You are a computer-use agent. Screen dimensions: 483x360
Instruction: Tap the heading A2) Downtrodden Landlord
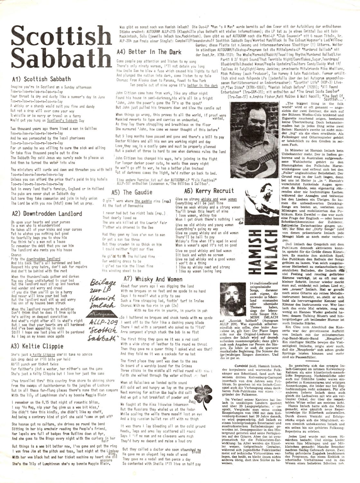[x=46, y=213]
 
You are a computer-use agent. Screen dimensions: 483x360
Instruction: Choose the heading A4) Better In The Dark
[x=149, y=52]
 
